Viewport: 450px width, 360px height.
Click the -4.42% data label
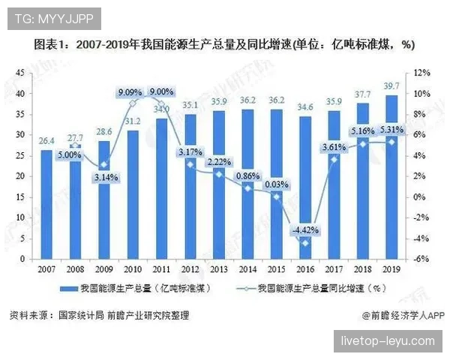[305, 229]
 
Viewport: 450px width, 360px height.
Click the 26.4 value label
[46, 140]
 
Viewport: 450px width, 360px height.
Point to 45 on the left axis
[19, 72]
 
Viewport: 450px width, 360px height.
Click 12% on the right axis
[421, 72]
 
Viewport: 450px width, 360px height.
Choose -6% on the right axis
[421, 259]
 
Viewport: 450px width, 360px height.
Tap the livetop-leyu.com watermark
[388, 340]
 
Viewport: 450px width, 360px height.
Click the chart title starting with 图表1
[225, 45]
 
